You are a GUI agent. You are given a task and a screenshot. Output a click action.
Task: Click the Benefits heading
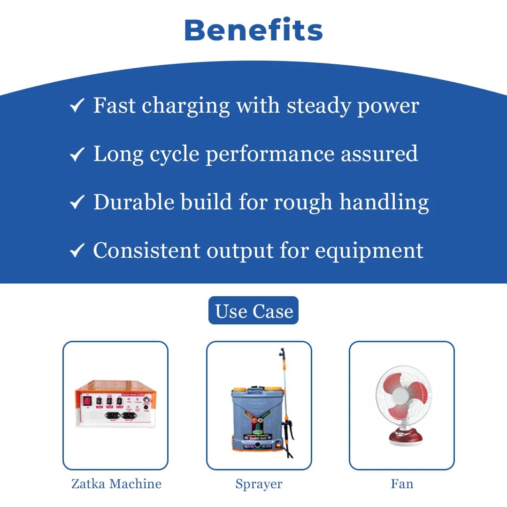[253, 30]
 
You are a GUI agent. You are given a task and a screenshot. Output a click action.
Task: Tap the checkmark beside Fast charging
[77, 106]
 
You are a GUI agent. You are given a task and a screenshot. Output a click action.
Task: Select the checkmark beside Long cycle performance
[77, 154]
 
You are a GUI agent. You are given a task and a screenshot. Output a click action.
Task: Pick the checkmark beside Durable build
[77, 203]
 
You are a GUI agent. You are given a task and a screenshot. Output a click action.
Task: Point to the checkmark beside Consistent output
[77, 251]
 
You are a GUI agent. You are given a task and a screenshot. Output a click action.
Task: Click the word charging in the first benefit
[186, 106]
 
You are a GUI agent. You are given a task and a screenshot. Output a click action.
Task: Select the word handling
[384, 203]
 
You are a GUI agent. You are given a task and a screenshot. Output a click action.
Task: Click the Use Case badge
[253, 311]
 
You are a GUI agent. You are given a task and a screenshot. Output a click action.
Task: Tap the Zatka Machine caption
[116, 484]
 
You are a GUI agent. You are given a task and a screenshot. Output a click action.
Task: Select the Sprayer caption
[259, 484]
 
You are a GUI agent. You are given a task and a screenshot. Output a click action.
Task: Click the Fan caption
[402, 484]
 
